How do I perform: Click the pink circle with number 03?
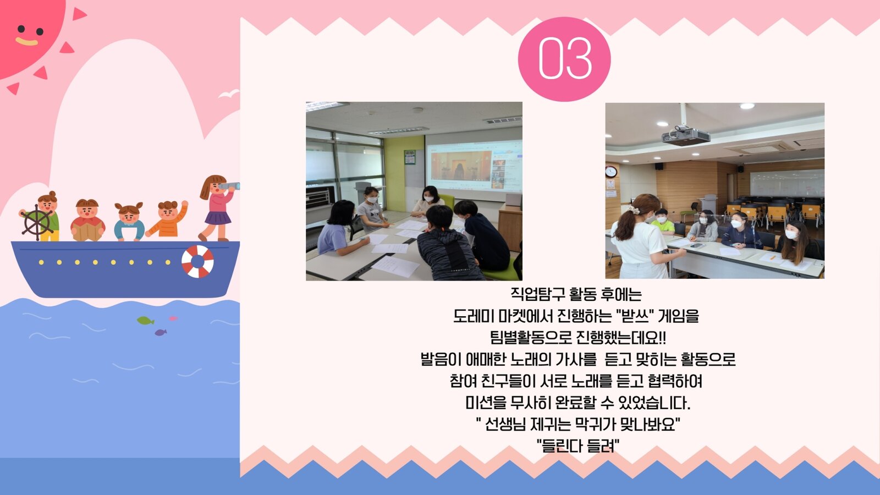pos(564,59)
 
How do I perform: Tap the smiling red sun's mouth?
pos(26,41)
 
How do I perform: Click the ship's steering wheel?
pos(36,222)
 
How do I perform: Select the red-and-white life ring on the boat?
pos(197,262)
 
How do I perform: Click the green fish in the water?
pos(145,321)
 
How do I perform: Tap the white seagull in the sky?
pos(229,94)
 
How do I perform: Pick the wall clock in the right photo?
pos(611,171)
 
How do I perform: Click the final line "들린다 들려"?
pos(578,446)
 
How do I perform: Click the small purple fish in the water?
pos(160,333)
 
